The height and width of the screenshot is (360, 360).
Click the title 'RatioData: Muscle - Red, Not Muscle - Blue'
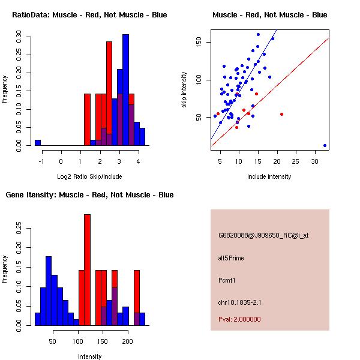click(x=90, y=14)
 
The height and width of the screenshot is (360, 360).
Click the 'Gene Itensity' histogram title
click(x=89, y=195)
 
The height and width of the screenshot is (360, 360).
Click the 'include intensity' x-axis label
click(x=269, y=176)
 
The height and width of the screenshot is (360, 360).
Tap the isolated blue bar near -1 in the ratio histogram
click(x=37, y=143)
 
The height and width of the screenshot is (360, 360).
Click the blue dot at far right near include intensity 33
click(x=325, y=145)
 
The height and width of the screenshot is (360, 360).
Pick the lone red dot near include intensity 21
click(x=281, y=114)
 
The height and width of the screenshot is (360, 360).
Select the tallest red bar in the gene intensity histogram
click(x=87, y=270)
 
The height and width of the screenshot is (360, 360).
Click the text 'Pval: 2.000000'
click(x=239, y=319)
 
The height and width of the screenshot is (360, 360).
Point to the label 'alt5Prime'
click(x=231, y=258)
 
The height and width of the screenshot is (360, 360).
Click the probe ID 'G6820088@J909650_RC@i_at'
click(x=263, y=236)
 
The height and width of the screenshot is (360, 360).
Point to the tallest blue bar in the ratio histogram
click(x=126, y=90)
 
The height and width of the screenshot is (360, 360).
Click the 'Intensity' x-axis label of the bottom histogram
click(x=90, y=356)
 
